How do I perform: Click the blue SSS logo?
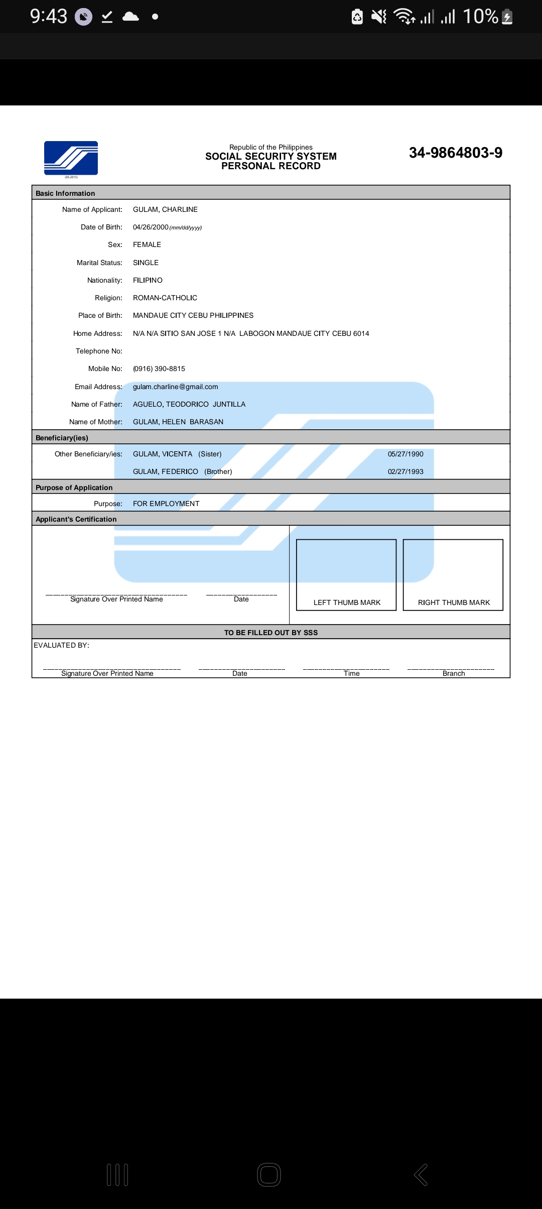[x=71, y=158]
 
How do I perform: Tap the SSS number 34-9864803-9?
[x=455, y=153]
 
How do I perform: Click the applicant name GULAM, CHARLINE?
[x=165, y=209]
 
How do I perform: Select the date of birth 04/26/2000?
[x=151, y=227]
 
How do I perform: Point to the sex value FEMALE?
[x=147, y=245]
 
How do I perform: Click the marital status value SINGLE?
[x=146, y=263]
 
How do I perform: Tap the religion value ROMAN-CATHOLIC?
[x=165, y=298]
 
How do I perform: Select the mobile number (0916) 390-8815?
[x=159, y=369]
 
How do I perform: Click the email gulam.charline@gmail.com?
[x=175, y=387]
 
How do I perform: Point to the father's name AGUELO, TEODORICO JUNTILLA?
[x=189, y=404]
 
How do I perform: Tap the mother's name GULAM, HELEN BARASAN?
[x=178, y=422]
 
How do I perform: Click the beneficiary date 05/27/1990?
[x=405, y=454]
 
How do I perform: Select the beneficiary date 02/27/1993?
[x=405, y=471]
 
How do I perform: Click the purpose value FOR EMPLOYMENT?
[x=166, y=504]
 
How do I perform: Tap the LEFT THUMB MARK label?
[x=347, y=602]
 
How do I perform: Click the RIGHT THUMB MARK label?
[x=454, y=602]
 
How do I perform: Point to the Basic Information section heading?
[x=65, y=193]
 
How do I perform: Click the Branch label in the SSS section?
[x=454, y=673]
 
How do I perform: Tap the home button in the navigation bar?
[x=269, y=1175]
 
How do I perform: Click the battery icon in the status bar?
[x=507, y=17]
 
